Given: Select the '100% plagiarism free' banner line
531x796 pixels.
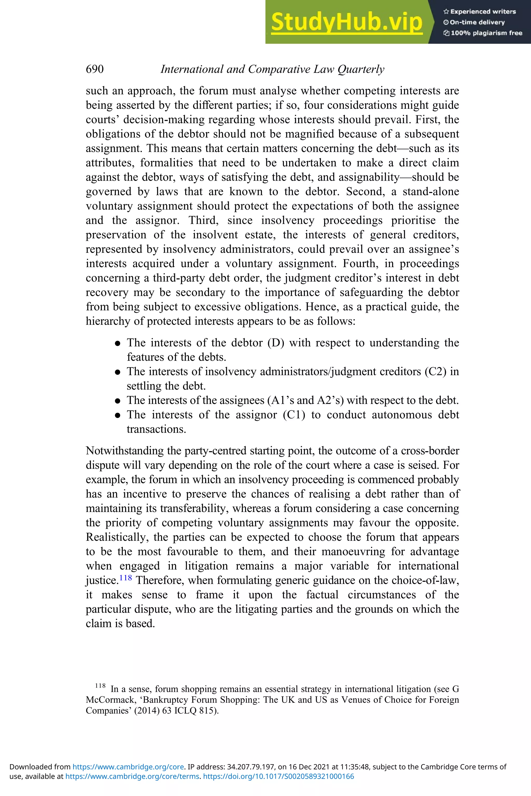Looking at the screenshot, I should click(x=483, y=33).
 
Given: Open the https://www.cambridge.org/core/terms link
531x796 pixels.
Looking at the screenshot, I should click(x=132, y=776).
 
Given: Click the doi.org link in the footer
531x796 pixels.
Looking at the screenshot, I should click(x=278, y=776).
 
